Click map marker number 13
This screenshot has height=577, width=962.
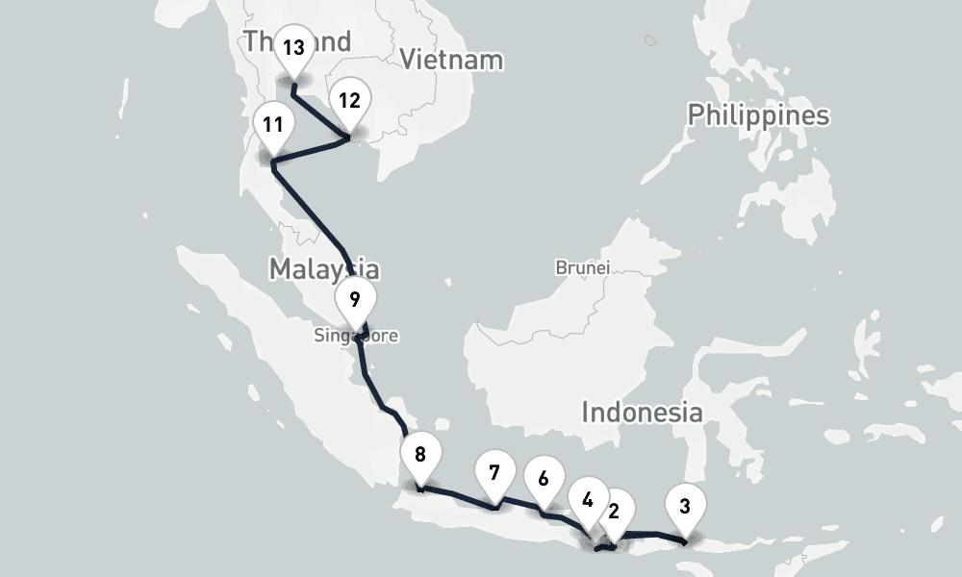pyautogui.click(x=294, y=47)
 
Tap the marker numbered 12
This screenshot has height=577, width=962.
pyautogui.click(x=349, y=100)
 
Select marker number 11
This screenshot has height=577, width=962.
pyautogui.click(x=273, y=125)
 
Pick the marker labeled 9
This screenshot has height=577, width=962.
pyautogui.click(x=355, y=299)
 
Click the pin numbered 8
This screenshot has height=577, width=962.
pyautogui.click(x=420, y=455)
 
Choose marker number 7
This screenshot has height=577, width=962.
pyautogui.click(x=494, y=472)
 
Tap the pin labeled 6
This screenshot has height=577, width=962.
pyautogui.click(x=544, y=478)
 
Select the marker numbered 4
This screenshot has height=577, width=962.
pyautogui.click(x=588, y=499)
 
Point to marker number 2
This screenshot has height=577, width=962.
pyautogui.click(x=615, y=511)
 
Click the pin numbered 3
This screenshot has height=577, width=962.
pyautogui.click(x=684, y=506)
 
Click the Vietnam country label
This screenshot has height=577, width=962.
pyautogui.click(x=451, y=60)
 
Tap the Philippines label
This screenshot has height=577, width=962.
pyautogui.click(x=758, y=116)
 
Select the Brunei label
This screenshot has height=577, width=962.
pyautogui.click(x=582, y=268)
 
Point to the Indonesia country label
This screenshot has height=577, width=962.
pyautogui.click(x=642, y=413)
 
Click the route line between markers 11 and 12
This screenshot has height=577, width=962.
pyautogui.click(x=311, y=150)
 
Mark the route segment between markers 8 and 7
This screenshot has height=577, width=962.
pyautogui.click(x=458, y=496)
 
